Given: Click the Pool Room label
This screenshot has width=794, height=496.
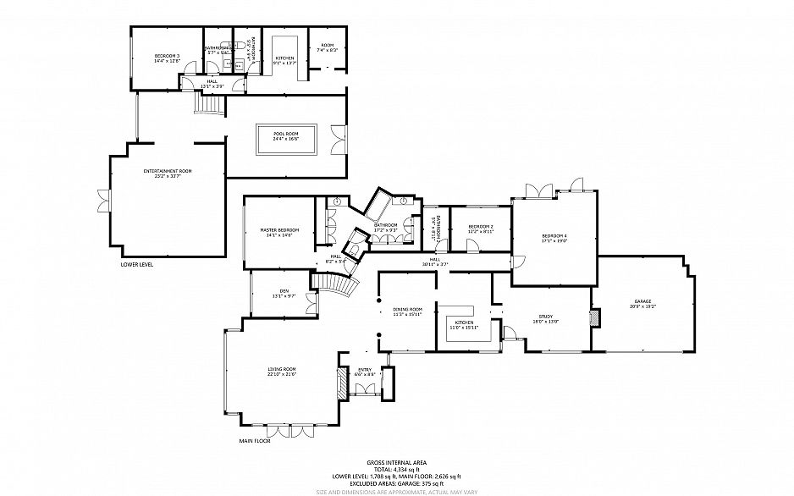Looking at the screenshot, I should (286, 134).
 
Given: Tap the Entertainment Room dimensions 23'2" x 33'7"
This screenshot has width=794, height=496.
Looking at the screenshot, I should (168, 177).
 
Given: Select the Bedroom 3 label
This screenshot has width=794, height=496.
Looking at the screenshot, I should (167, 55).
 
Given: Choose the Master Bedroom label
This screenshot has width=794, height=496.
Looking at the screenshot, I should (279, 230).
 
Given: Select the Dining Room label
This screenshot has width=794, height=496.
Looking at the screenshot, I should (408, 309).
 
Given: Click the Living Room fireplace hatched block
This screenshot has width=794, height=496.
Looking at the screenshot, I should (343, 383).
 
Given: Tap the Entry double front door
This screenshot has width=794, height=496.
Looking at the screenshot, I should (367, 389).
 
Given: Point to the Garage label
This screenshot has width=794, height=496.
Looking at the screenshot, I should (643, 301).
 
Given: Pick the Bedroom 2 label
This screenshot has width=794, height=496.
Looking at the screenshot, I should (481, 226).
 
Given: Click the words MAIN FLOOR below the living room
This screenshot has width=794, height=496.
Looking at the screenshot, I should (255, 441).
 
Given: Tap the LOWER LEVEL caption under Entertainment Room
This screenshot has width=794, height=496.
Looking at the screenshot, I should (137, 264).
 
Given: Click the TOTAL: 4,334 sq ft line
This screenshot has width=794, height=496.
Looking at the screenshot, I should (397, 469).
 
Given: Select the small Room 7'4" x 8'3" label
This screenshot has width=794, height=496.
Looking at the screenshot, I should (328, 46).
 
